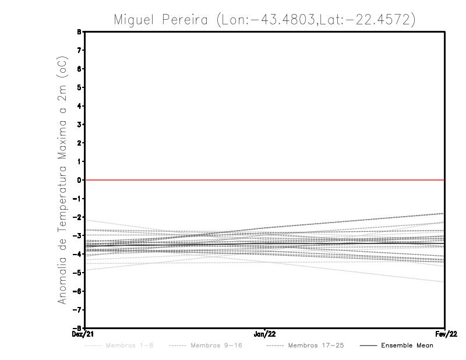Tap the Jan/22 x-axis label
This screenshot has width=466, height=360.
click(265, 334)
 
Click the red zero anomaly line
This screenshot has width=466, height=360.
click(265, 180)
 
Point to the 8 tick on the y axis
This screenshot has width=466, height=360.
click(80, 32)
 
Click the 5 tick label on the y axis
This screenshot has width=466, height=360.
click(80, 87)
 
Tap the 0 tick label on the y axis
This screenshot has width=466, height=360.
click(80, 180)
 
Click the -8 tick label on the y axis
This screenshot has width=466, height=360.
click(79, 327)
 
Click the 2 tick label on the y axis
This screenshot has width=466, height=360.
click(80, 143)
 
